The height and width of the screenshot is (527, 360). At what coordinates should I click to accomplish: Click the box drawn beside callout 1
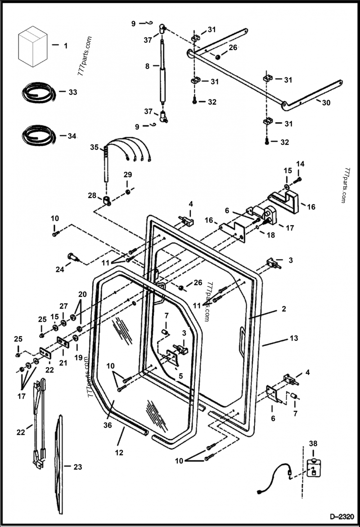pyautogui.click(x=32, y=46)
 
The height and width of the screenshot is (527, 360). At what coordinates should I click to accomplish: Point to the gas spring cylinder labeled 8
pyautogui.click(x=162, y=72)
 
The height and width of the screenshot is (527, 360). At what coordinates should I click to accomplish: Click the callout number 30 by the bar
pyautogui.click(x=326, y=103)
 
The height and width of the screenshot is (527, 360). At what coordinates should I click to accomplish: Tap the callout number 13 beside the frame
pyautogui.click(x=293, y=337)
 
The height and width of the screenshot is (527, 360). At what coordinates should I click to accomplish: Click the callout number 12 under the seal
pyautogui.click(x=118, y=453)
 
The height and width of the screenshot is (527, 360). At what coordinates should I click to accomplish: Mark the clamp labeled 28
pyautogui.click(x=107, y=200)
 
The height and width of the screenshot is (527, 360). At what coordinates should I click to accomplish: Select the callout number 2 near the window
pyautogui.click(x=283, y=309)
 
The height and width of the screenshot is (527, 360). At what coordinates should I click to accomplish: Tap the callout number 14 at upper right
pyautogui.click(x=300, y=163)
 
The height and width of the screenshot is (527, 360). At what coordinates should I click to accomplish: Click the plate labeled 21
pyautogui.click(x=63, y=344)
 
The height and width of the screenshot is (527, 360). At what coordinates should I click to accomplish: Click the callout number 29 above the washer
pyautogui.click(x=128, y=174)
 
